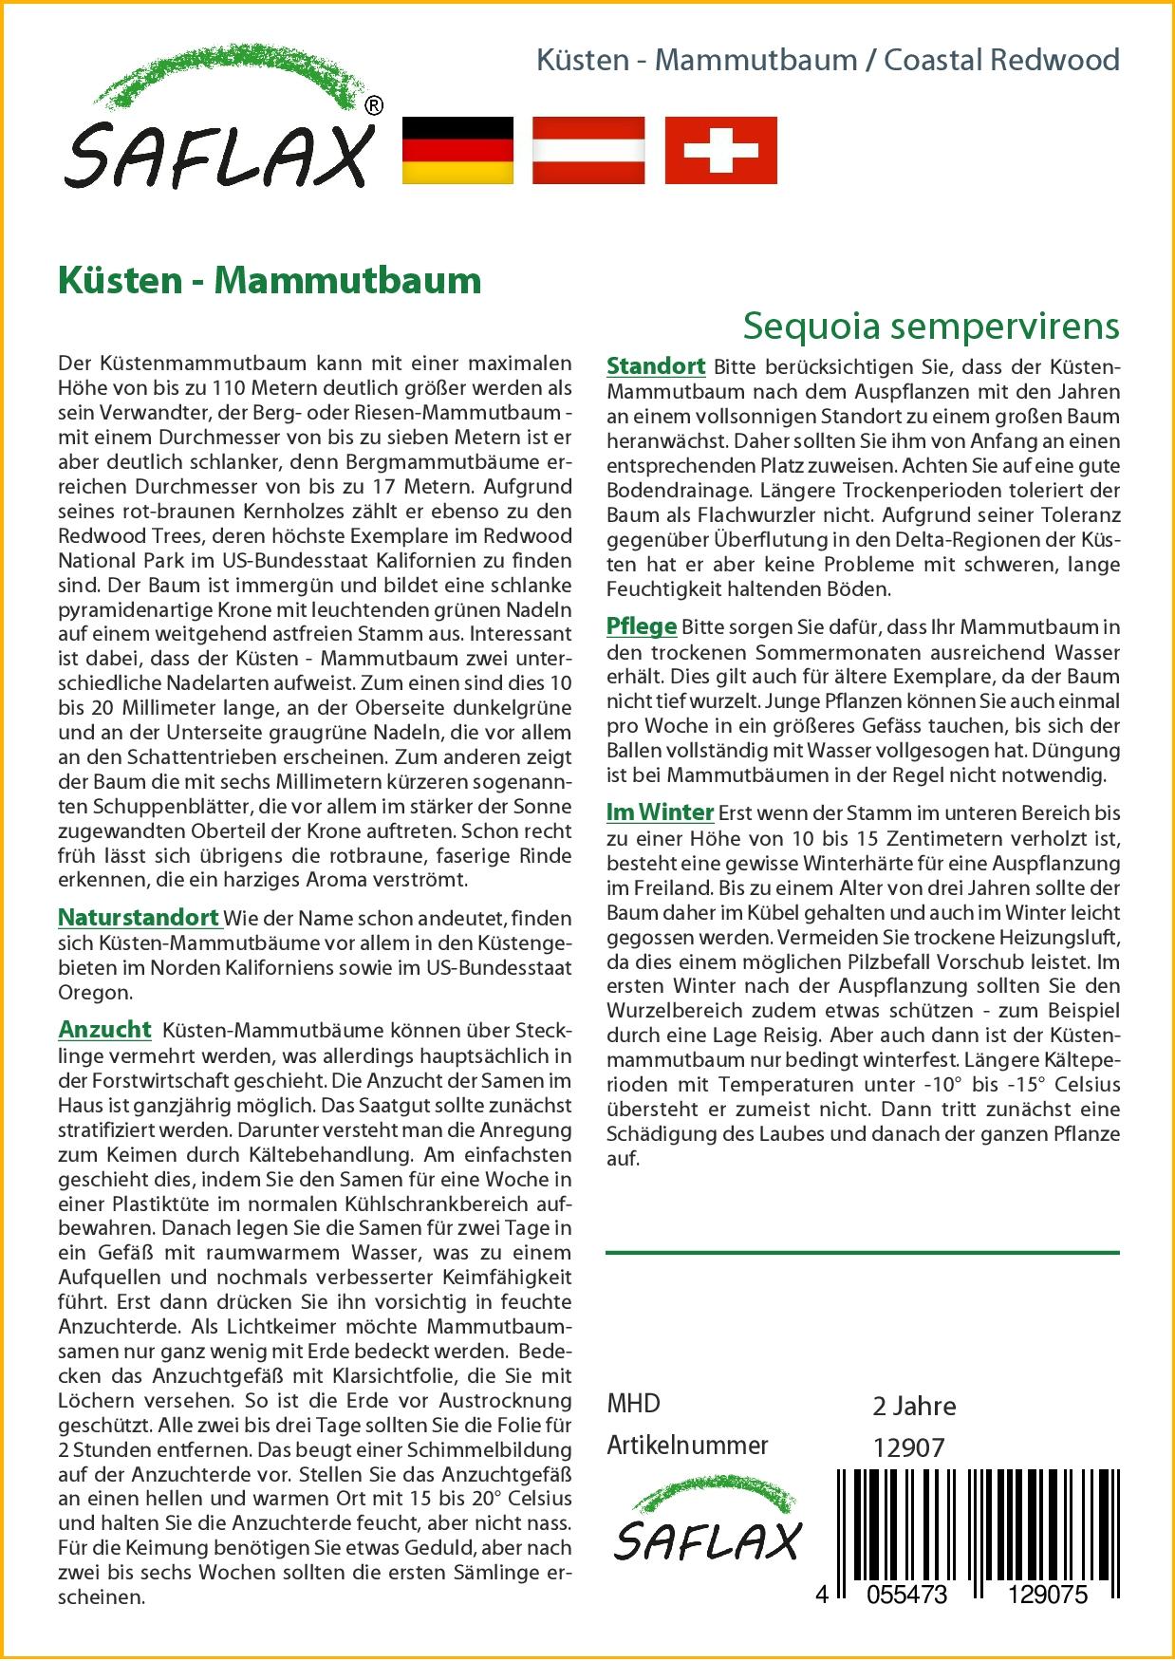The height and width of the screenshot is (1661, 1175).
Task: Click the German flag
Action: coord(458,150)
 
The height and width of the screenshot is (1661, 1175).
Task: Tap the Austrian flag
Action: coord(588,150)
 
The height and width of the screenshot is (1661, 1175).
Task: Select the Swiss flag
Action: coord(720,150)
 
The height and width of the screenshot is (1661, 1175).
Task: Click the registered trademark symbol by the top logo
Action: coord(374,106)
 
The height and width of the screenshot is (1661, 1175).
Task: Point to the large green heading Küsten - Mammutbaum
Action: coord(270,280)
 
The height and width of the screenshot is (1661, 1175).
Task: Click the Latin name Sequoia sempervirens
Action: coord(931,326)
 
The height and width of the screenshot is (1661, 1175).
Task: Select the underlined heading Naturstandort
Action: coord(139,918)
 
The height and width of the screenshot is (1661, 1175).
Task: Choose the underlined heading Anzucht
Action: coord(104,1030)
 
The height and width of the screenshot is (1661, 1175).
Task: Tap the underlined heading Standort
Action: coord(656,366)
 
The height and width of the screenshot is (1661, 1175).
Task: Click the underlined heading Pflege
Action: coord(642,626)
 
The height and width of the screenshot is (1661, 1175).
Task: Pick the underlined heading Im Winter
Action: coord(660,812)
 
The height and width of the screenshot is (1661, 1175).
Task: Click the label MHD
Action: coord(633,1404)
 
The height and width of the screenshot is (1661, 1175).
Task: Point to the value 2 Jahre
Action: coord(914,1406)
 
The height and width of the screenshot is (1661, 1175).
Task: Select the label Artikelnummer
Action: coord(687,1446)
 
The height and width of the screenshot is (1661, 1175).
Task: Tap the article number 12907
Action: coord(908,1447)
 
